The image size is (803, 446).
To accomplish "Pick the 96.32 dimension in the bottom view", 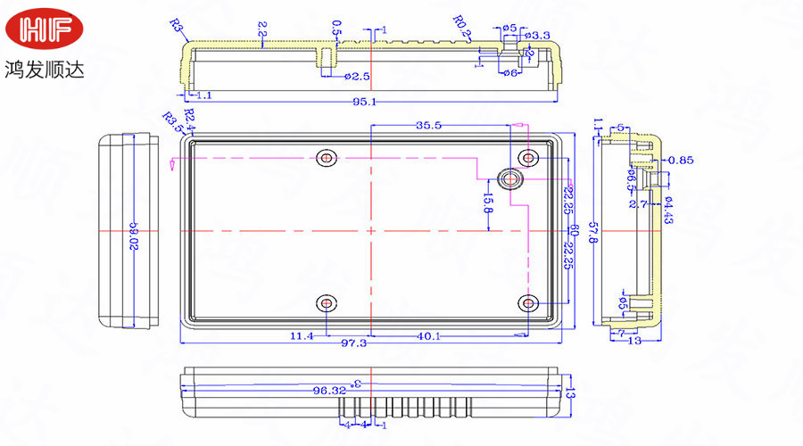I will [x=329, y=390].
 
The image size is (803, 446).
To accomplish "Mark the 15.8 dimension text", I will [x=488, y=204].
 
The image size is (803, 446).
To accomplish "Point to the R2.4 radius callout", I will [x=189, y=117].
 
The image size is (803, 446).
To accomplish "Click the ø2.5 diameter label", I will [x=357, y=77].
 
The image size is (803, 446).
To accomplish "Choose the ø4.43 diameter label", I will [x=668, y=209].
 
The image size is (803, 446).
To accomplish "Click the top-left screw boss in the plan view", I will [x=327, y=158].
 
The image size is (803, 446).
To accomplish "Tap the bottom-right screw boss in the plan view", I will [x=530, y=304].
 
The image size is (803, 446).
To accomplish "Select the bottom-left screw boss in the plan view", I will [x=327, y=304].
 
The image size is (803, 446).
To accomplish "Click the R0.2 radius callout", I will [x=461, y=22].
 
